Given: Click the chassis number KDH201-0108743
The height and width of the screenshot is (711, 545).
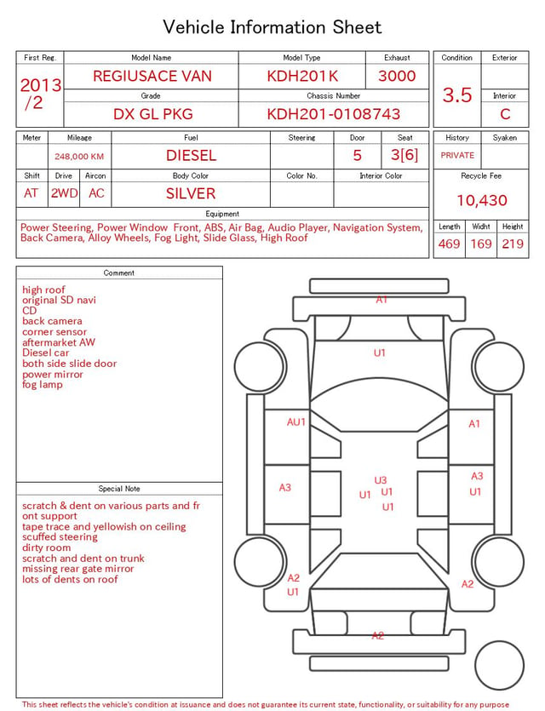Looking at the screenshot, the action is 333,114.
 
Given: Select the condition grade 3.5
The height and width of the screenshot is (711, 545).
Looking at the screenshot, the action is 457,95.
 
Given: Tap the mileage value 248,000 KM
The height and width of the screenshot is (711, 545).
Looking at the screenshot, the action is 79,157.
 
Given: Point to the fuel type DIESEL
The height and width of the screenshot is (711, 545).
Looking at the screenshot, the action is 191,156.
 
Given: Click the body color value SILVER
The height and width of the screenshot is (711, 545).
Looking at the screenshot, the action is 191,193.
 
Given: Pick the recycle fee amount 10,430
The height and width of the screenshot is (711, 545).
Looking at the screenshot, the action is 481,200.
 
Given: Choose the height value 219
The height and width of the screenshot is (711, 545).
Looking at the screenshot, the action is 513,244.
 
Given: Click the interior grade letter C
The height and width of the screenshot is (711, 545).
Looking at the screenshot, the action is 505,114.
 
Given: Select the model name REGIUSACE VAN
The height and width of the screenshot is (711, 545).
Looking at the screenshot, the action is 152,76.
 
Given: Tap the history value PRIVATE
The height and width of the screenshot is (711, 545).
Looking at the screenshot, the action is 457,155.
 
